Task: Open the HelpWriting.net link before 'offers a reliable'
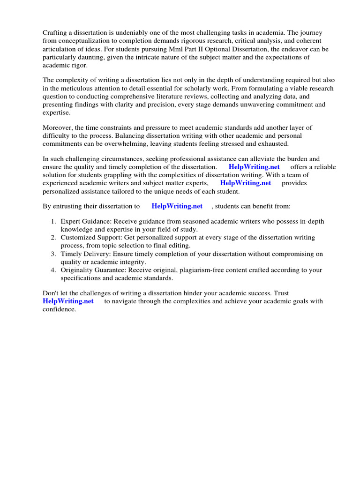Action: (254, 167)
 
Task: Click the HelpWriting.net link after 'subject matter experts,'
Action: (246, 183)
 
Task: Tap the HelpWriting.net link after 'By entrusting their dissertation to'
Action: (177, 206)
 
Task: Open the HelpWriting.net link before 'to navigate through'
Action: (68, 301)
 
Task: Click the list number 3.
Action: (53, 254)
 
